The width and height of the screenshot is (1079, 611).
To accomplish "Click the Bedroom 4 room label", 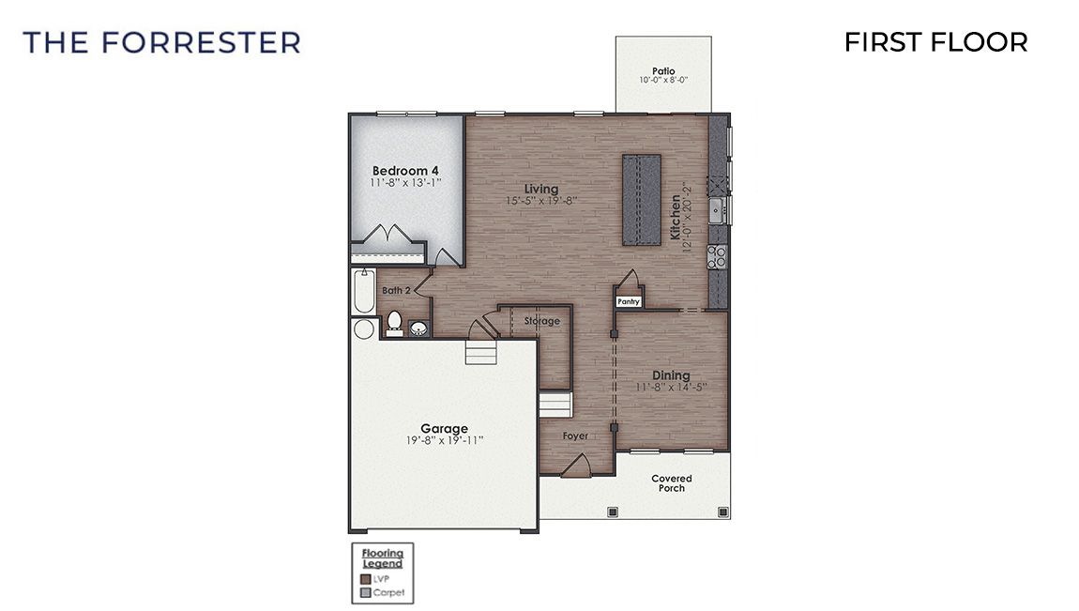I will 405,170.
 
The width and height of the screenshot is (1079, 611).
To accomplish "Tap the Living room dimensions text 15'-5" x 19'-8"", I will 540,201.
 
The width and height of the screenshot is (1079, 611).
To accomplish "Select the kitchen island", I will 643,200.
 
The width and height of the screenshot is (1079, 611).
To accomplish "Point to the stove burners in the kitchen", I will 718,252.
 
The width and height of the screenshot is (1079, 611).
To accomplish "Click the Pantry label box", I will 628,301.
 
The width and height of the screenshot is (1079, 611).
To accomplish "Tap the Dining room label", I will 671,375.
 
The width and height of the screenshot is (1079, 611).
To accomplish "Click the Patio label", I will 663,71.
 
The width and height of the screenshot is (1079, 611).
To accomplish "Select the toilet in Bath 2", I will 394,324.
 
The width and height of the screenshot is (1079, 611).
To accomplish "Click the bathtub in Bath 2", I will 363,292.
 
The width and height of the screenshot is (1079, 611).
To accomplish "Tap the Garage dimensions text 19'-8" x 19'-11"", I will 444,440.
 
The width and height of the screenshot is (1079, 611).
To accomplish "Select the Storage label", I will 541,321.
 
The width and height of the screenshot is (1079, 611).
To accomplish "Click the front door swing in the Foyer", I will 578,465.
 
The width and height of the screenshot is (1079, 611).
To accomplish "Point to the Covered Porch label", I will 671,483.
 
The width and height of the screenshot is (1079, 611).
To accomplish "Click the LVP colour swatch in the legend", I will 365,578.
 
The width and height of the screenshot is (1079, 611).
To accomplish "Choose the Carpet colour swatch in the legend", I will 365,592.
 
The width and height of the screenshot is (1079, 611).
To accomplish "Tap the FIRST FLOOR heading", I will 935,42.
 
